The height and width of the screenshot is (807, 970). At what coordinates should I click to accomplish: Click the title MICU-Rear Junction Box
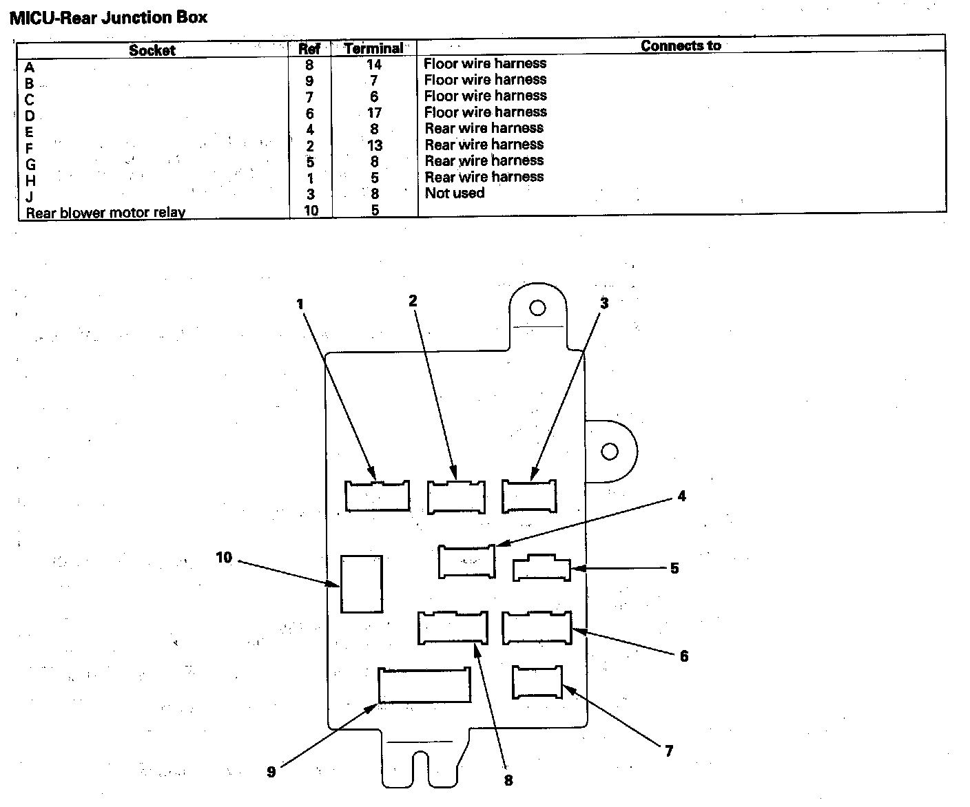(x=108, y=17)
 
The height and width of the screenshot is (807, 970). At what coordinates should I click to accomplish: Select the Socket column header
(x=152, y=50)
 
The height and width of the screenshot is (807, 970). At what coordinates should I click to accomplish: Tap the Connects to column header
(x=681, y=46)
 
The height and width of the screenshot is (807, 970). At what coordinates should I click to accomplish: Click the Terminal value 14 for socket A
(x=374, y=65)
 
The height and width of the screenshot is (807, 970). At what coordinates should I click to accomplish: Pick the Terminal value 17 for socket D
(x=374, y=113)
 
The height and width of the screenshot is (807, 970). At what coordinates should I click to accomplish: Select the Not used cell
(x=455, y=193)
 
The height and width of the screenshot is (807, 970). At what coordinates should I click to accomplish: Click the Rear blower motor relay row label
(x=105, y=213)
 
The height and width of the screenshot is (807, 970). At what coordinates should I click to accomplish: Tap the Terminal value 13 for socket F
(x=374, y=145)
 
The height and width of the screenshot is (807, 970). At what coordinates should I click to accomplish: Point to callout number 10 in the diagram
(x=224, y=557)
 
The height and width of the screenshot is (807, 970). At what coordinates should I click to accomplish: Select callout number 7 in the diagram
(x=668, y=751)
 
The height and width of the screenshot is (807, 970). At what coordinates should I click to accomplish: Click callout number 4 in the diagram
(x=681, y=496)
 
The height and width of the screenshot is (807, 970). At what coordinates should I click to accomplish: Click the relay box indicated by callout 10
(x=362, y=584)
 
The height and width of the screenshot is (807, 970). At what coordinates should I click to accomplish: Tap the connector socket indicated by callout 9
(x=424, y=685)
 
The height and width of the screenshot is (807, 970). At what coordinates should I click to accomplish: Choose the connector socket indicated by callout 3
(x=529, y=496)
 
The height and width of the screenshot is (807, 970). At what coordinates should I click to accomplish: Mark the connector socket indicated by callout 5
(x=541, y=569)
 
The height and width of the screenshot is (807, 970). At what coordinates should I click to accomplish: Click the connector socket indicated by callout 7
(x=537, y=682)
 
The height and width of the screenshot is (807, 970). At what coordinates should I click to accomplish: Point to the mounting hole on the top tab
(x=537, y=308)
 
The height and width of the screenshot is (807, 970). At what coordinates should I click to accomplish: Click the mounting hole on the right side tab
(x=609, y=452)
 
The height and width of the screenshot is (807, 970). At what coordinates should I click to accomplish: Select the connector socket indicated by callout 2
(x=455, y=496)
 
